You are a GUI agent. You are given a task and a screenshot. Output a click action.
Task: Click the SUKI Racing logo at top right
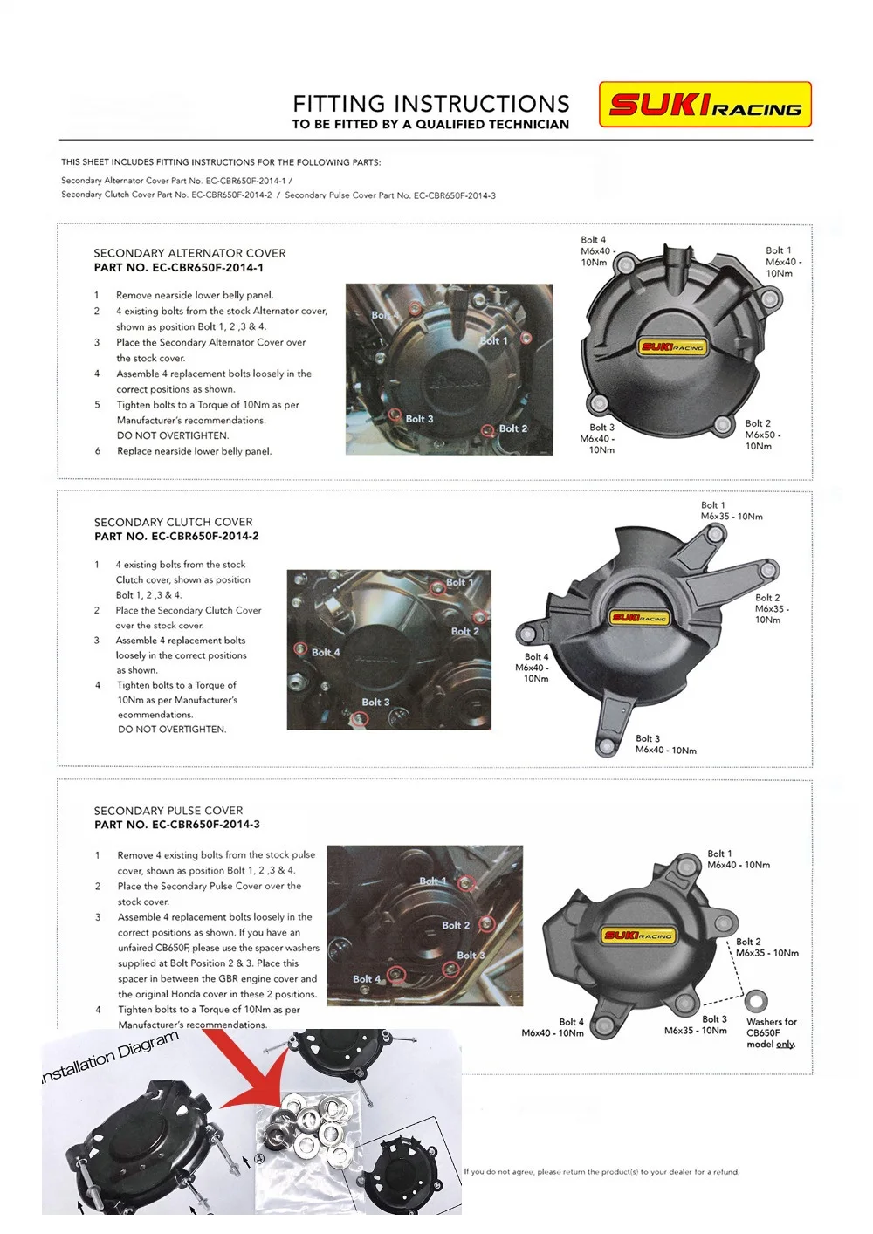pyautogui.click(x=705, y=105)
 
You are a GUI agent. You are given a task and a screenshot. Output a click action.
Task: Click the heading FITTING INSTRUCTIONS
pyautogui.click(x=431, y=104)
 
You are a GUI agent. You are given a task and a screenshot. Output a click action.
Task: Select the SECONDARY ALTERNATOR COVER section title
pyautogui.click(x=189, y=253)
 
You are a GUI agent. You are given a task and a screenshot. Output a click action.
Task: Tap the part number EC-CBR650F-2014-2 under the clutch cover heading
pyautogui.click(x=205, y=536)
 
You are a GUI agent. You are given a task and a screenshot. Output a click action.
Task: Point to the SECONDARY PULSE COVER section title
pyautogui.click(x=168, y=811)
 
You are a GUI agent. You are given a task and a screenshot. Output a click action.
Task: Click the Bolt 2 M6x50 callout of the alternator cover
pyautogui.click(x=762, y=435)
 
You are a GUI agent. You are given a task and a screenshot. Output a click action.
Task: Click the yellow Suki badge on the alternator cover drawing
pyautogui.click(x=672, y=346)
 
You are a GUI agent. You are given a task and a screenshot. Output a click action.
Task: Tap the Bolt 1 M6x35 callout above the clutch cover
pyautogui.click(x=731, y=511)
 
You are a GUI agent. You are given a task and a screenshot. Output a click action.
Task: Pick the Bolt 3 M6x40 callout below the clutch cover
pyautogui.click(x=665, y=744)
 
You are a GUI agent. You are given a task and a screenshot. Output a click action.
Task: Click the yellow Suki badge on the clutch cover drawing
pyautogui.click(x=639, y=618)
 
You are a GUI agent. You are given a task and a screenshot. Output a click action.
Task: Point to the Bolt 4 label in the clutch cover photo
pyautogui.click(x=326, y=652)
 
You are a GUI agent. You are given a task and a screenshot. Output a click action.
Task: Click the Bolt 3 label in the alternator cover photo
pyautogui.click(x=419, y=419)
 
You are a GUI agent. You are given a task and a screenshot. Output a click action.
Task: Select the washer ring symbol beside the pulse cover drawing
pyautogui.click(x=757, y=1000)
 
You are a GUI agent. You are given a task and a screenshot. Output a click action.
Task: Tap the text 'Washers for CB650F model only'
pyautogui.click(x=771, y=1032)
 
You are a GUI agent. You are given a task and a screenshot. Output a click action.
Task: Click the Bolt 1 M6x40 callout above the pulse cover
pyautogui.click(x=738, y=860)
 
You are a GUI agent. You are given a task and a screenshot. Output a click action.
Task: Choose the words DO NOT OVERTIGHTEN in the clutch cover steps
pyautogui.click(x=172, y=730)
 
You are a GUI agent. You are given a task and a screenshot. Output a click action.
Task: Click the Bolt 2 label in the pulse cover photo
pyautogui.click(x=456, y=925)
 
